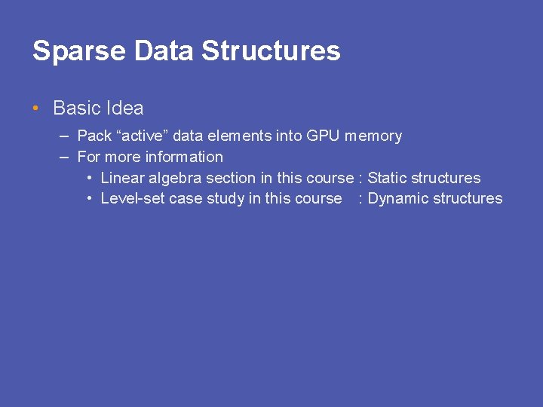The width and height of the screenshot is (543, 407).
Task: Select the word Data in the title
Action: [164, 51]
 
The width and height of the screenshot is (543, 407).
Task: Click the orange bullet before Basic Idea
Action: [36, 109]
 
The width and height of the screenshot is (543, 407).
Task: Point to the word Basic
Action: [76, 109]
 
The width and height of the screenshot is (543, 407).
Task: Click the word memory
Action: [373, 136]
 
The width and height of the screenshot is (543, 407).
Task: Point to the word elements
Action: [241, 136]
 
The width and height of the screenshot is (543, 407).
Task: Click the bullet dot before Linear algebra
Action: [89, 179]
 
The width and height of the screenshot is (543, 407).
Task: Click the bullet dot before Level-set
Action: [89, 199]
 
